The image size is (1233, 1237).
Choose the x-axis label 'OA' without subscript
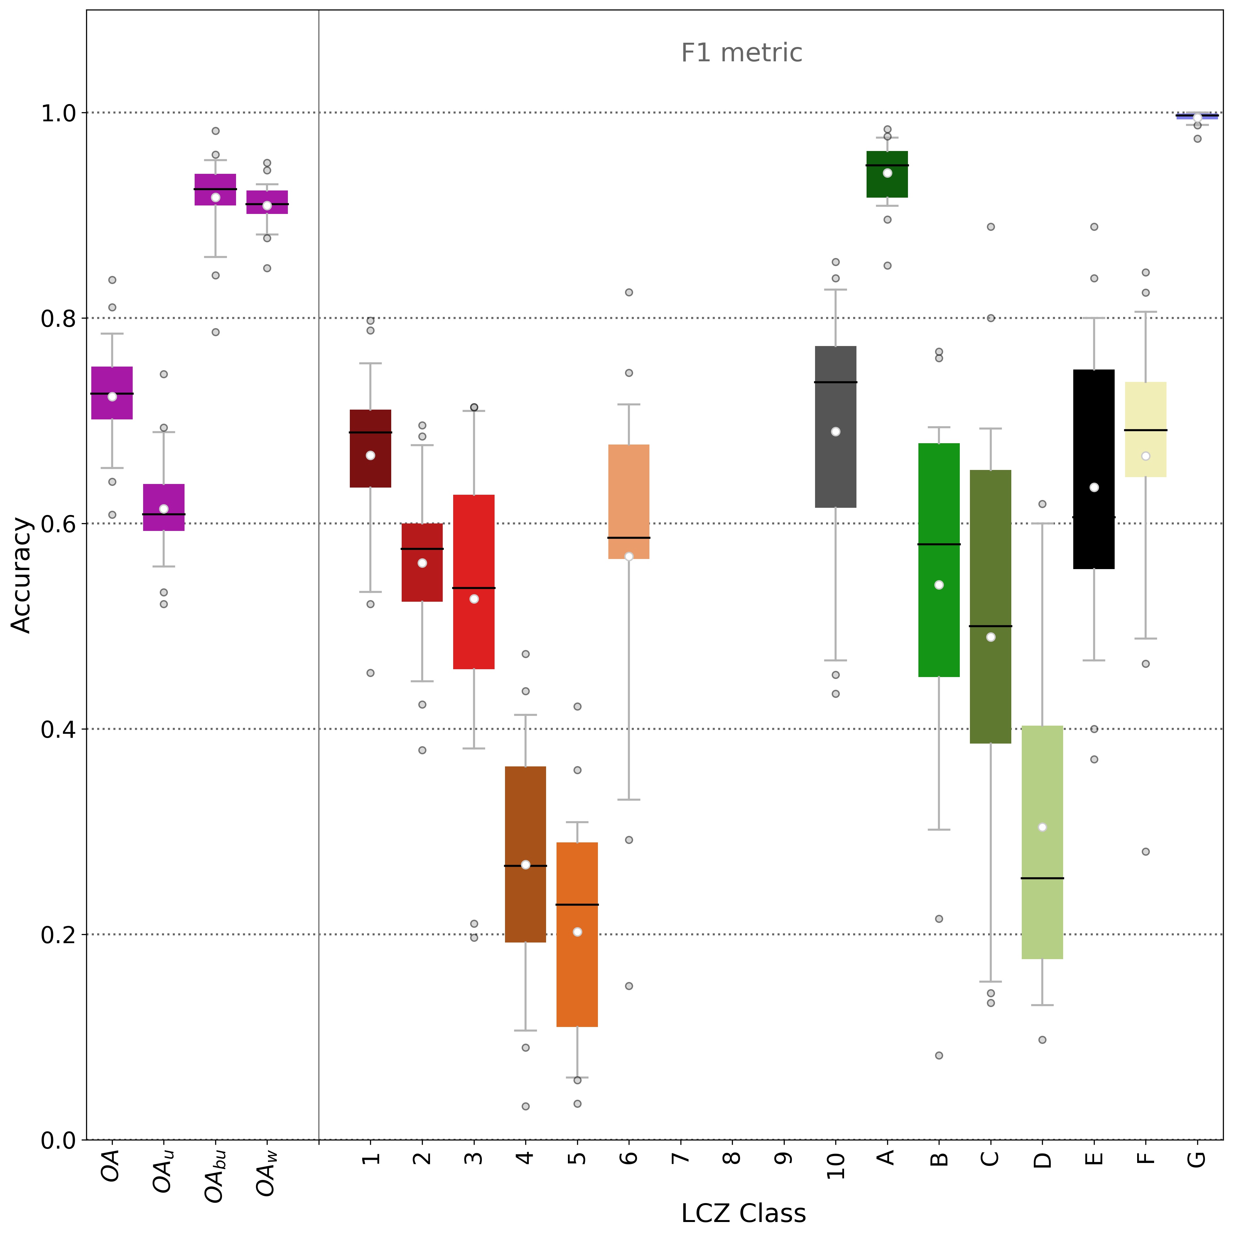[x=111, y=1165]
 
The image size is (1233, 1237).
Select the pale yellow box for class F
[x=1145, y=410]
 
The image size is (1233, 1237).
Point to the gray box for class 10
[x=836, y=461]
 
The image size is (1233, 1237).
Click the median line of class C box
[x=990, y=626]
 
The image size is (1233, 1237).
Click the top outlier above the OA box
[x=112, y=280]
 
